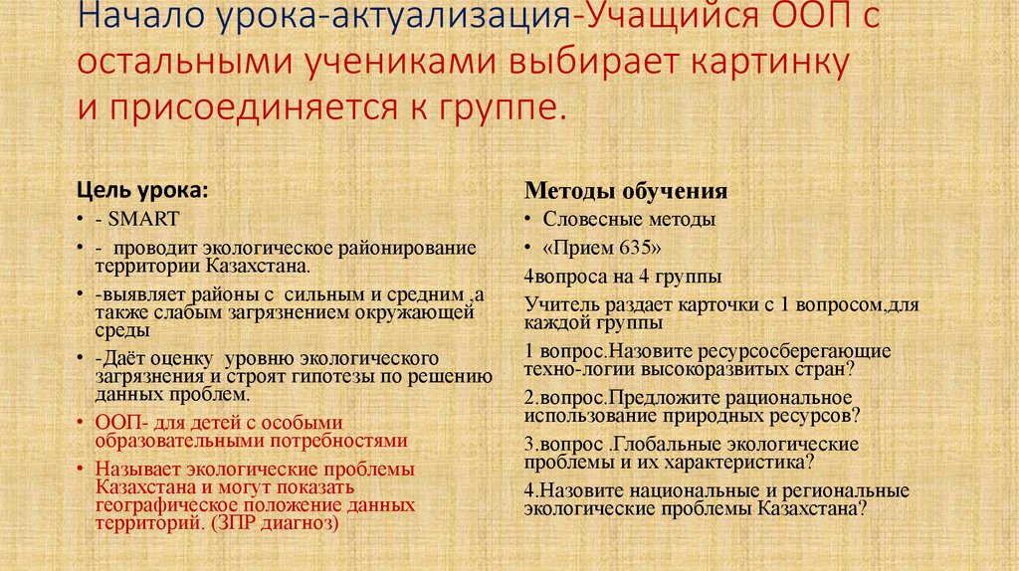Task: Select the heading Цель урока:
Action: point(143,191)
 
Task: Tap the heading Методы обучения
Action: point(626,191)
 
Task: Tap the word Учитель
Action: point(559,303)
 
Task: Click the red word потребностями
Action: point(336,439)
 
